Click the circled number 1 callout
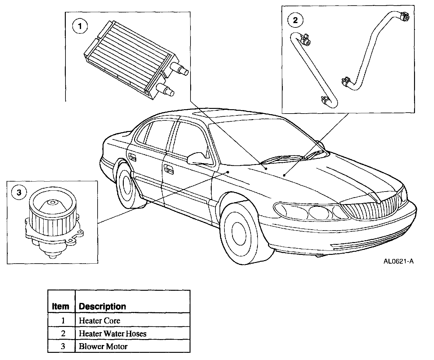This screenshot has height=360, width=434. click(x=80, y=26)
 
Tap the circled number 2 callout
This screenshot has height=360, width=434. click(x=295, y=20)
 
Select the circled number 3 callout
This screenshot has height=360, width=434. click(x=19, y=192)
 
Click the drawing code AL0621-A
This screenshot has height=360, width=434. click(x=398, y=261)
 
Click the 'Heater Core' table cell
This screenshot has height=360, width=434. click(x=100, y=320)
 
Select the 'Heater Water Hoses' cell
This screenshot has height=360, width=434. click(x=113, y=333)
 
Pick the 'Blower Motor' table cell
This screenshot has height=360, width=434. click(x=103, y=346)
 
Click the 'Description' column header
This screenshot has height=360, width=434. click(x=103, y=306)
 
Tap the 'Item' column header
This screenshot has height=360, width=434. click(x=60, y=306)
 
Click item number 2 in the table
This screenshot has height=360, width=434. click(x=63, y=333)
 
